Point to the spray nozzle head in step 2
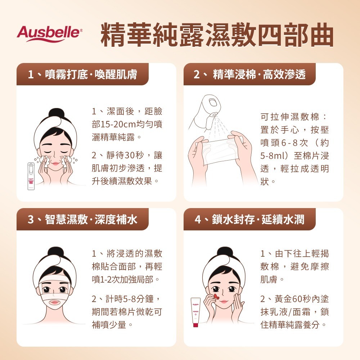click(210, 104)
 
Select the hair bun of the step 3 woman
click(55, 252)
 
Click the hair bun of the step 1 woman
click(55, 113)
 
